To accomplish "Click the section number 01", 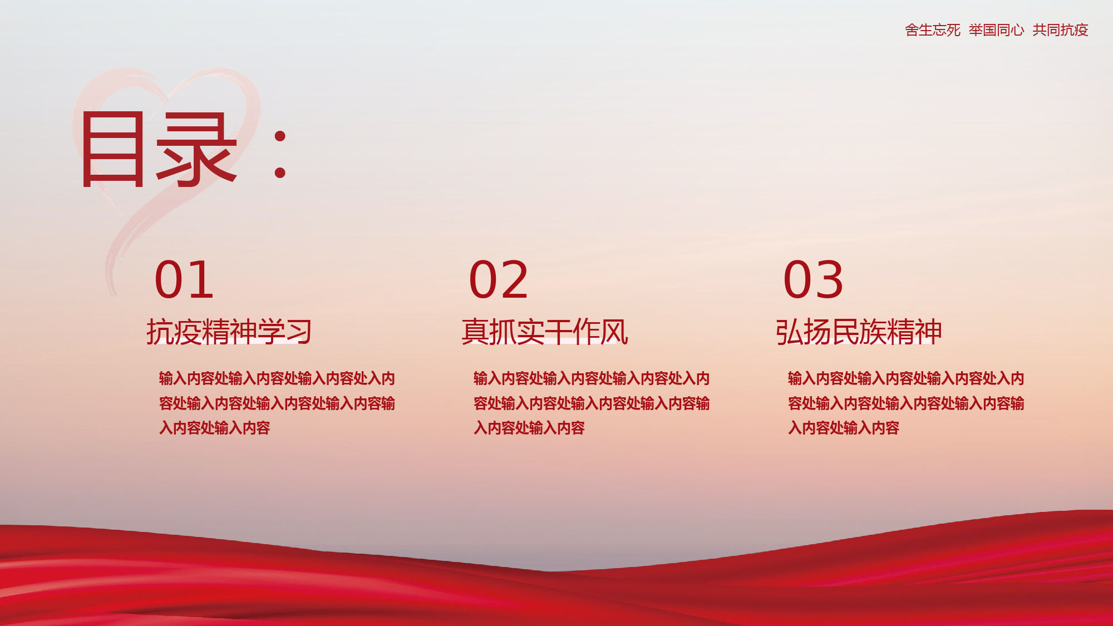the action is click(184, 279).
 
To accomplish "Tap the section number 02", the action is click(499, 279).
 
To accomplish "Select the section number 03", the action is click(814, 279).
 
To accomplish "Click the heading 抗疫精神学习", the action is click(229, 332).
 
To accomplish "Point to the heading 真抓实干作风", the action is click(545, 332).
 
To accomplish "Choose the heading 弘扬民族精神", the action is click(859, 332).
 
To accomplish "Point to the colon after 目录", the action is click(280, 155).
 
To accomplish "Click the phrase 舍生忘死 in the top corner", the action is click(933, 30).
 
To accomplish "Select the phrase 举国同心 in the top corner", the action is click(996, 30).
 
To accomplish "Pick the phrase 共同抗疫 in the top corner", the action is click(1060, 30).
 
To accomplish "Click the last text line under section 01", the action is click(215, 428).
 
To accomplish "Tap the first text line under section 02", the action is click(592, 378).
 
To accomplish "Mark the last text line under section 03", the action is click(844, 428).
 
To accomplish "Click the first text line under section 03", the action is click(906, 378).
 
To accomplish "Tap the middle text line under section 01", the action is click(277, 403).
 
